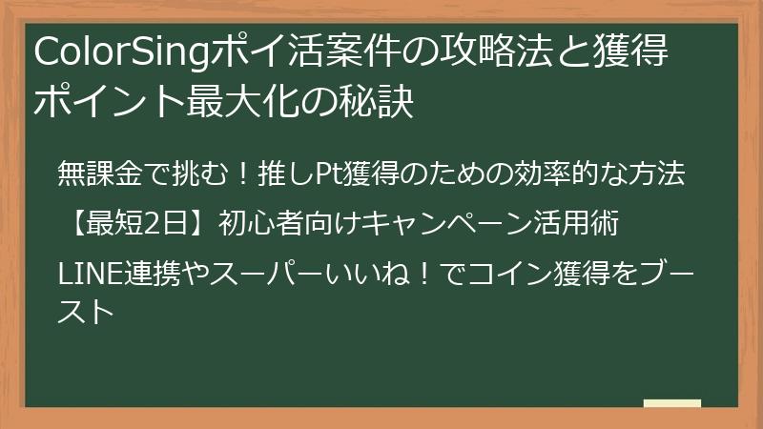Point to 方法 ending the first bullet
660,174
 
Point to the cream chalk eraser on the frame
671,403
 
